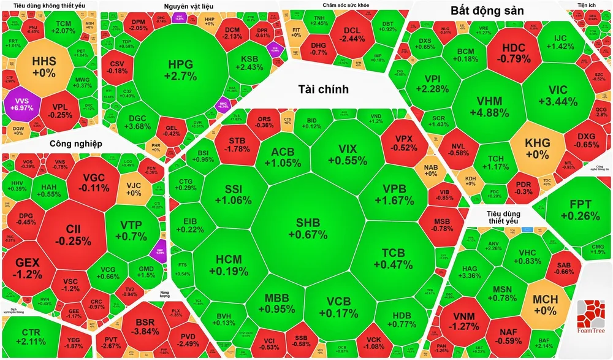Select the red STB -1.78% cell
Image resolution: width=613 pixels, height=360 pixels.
click(x=235, y=144)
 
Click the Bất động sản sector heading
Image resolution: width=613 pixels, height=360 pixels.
click(x=487, y=10)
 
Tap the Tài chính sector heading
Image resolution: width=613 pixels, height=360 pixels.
click(x=323, y=90)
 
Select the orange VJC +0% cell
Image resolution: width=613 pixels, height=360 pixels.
click(x=134, y=188)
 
